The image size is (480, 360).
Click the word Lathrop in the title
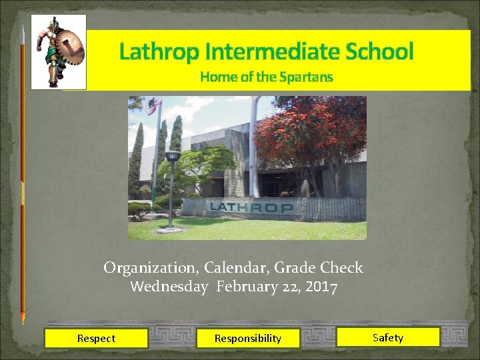coord(161,51)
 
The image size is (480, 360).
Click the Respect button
coord(96,338)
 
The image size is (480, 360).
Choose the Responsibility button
coord(248,338)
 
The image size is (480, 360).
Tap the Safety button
coord(388,337)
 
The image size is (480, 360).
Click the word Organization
coord(150,268)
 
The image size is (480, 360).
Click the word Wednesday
coord(169,287)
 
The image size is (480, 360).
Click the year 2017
coord(321,287)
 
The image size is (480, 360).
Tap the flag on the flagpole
coord(155,105)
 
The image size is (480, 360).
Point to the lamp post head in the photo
coord(173,157)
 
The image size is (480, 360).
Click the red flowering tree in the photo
coord(313,130)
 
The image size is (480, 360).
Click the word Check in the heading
coord(341,268)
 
